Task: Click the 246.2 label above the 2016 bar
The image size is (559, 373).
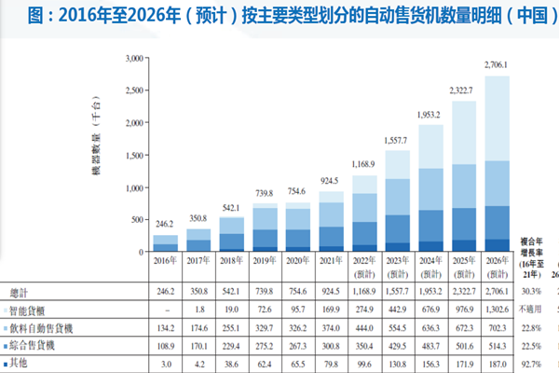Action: point(165,225)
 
